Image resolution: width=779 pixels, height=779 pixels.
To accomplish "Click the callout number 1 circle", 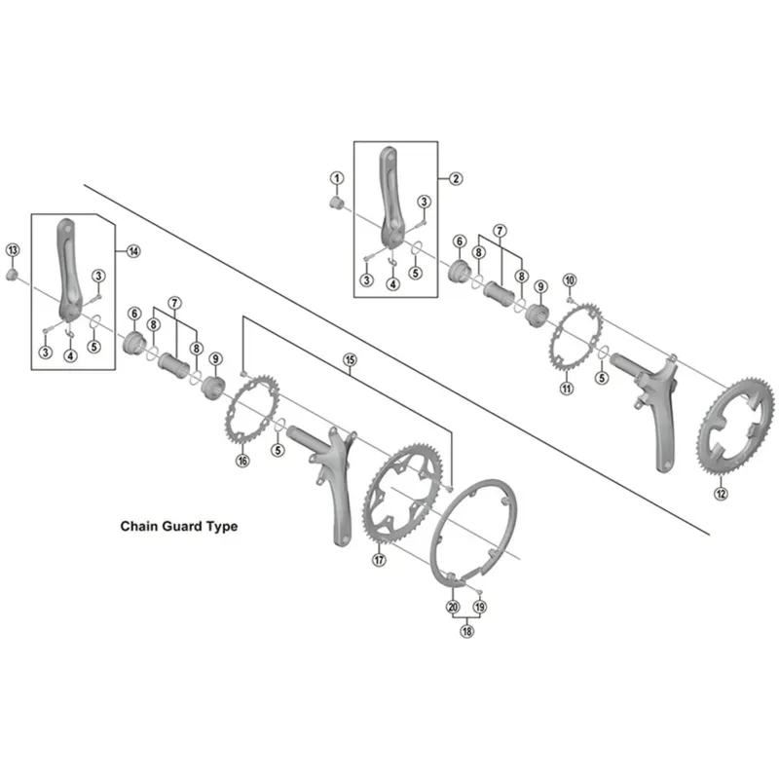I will [337, 178].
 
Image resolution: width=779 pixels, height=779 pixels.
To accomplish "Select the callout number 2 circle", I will [455, 178].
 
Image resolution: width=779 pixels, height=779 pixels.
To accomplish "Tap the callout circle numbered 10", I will [570, 280].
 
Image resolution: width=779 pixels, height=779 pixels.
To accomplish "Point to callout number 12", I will [721, 494].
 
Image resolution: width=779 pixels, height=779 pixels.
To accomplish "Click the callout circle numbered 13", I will [13, 250].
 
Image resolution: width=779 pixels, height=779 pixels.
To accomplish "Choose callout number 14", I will [133, 250].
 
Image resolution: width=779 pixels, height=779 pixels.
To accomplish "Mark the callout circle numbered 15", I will [351, 360].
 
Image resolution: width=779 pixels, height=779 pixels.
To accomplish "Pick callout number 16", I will [242, 461].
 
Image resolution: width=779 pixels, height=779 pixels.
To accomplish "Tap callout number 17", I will [379, 560].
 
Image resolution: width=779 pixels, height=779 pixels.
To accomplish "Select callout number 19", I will [479, 607].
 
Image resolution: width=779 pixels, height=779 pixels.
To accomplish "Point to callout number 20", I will [453, 607].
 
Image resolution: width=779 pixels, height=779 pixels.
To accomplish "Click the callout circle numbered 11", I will [566, 389].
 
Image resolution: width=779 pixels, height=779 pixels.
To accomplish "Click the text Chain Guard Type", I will [178, 526].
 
